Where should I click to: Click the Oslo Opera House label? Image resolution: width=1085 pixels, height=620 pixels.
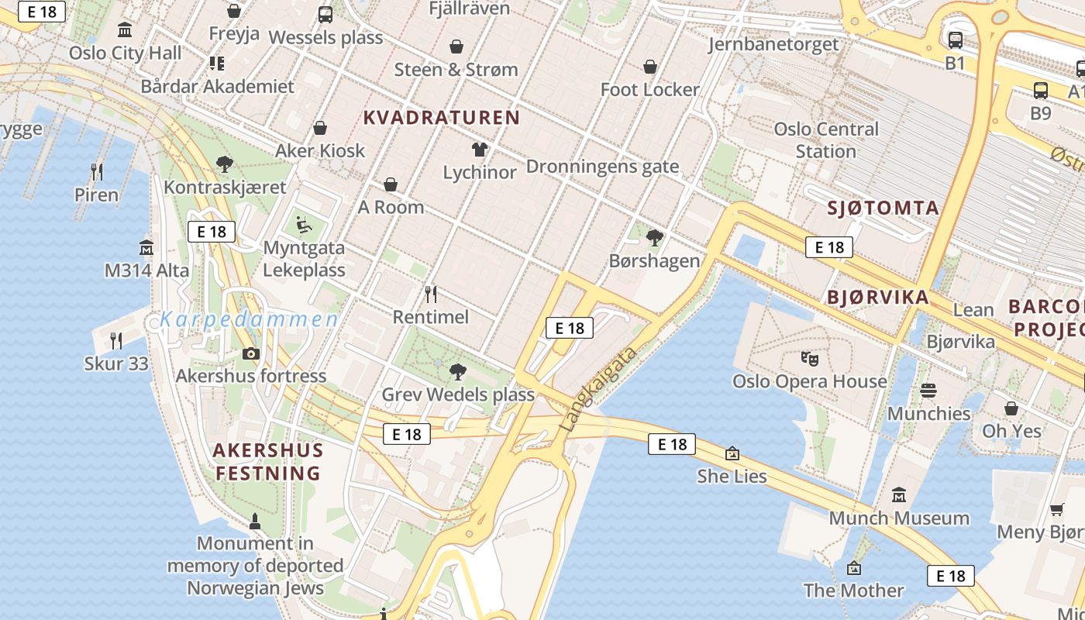pyautogui.click(x=810, y=381)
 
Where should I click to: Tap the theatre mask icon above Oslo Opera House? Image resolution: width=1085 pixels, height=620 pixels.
pyautogui.click(x=810, y=358)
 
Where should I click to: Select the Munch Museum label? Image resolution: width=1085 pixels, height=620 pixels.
pyautogui.click(x=899, y=518)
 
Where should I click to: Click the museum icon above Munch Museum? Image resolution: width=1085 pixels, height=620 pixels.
pyautogui.click(x=899, y=494)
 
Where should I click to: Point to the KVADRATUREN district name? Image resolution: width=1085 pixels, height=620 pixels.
pyautogui.click(x=442, y=118)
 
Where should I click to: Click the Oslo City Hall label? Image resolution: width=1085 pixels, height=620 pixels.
pyautogui.click(x=126, y=53)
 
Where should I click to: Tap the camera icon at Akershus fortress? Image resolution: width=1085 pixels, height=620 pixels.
pyautogui.click(x=250, y=354)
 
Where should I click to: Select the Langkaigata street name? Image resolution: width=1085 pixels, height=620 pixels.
pyautogui.click(x=598, y=390)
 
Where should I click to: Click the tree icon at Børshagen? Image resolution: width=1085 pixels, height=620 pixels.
pyautogui.click(x=655, y=237)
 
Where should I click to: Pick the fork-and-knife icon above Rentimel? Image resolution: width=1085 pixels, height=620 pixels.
pyautogui.click(x=431, y=294)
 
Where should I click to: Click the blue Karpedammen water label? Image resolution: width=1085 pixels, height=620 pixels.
pyautogui.click(x=250, y=319)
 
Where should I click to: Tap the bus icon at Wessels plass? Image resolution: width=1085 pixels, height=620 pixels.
pyautogui.click(x=325, y=15)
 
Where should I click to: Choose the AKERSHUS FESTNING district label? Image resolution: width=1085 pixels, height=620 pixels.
pyautogui.click(x=268, y=462)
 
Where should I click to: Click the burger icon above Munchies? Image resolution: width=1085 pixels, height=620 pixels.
pyautogui.click(x=928, y=391)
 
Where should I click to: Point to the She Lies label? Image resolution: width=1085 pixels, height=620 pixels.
pyautogui.click(x=732, y=476)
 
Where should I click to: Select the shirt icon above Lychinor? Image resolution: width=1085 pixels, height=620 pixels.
pyautogui.click(x=480, y=149)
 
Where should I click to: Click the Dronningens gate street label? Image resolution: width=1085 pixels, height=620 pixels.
pyautogui.click(x=602, y=167)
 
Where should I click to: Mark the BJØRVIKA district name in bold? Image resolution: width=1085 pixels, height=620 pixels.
pyautogui.click(x=877, y=298)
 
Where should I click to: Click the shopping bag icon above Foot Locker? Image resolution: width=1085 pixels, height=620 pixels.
pyautogui.click(x=650, y=67)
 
